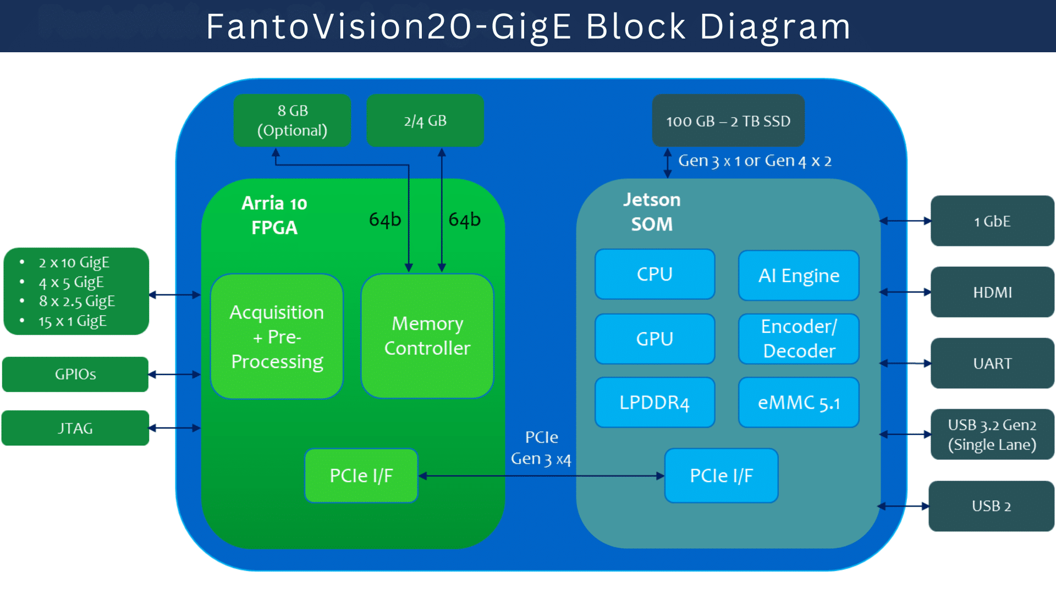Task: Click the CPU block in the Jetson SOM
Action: point(654,274)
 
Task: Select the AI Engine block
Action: point(799,276)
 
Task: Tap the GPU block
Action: point(654,339)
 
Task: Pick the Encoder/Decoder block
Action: point(799,339)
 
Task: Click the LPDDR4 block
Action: point(654,403)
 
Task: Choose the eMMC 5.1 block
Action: point(799,403)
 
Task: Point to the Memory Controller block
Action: point(427,336)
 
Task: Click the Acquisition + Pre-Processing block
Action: point(277,336)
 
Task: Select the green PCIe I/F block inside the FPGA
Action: point(361,476)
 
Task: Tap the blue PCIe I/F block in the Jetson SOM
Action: point(721,476)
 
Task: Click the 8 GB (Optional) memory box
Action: point(292,120)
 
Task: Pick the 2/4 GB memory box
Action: point(425,120)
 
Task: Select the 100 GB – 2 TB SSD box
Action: point(728,120)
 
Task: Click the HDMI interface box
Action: point(992,292)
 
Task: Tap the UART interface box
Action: point(992,364)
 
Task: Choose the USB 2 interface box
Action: point(991,506)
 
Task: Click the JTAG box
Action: point(75,428)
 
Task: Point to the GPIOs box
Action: point(75,375)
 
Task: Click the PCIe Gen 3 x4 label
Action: point(541,448)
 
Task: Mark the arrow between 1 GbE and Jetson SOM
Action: point(905,221)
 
